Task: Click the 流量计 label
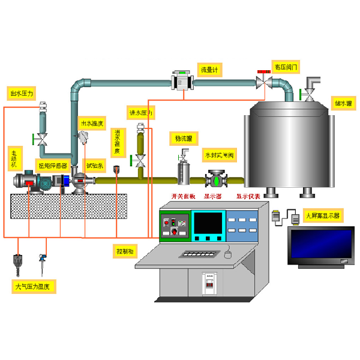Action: pos(211,70)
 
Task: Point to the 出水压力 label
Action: pos(22,94)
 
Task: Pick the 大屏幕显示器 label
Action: pos(322,214)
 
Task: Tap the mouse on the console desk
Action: pos(227,254)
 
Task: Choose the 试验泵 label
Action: pos(95,165)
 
